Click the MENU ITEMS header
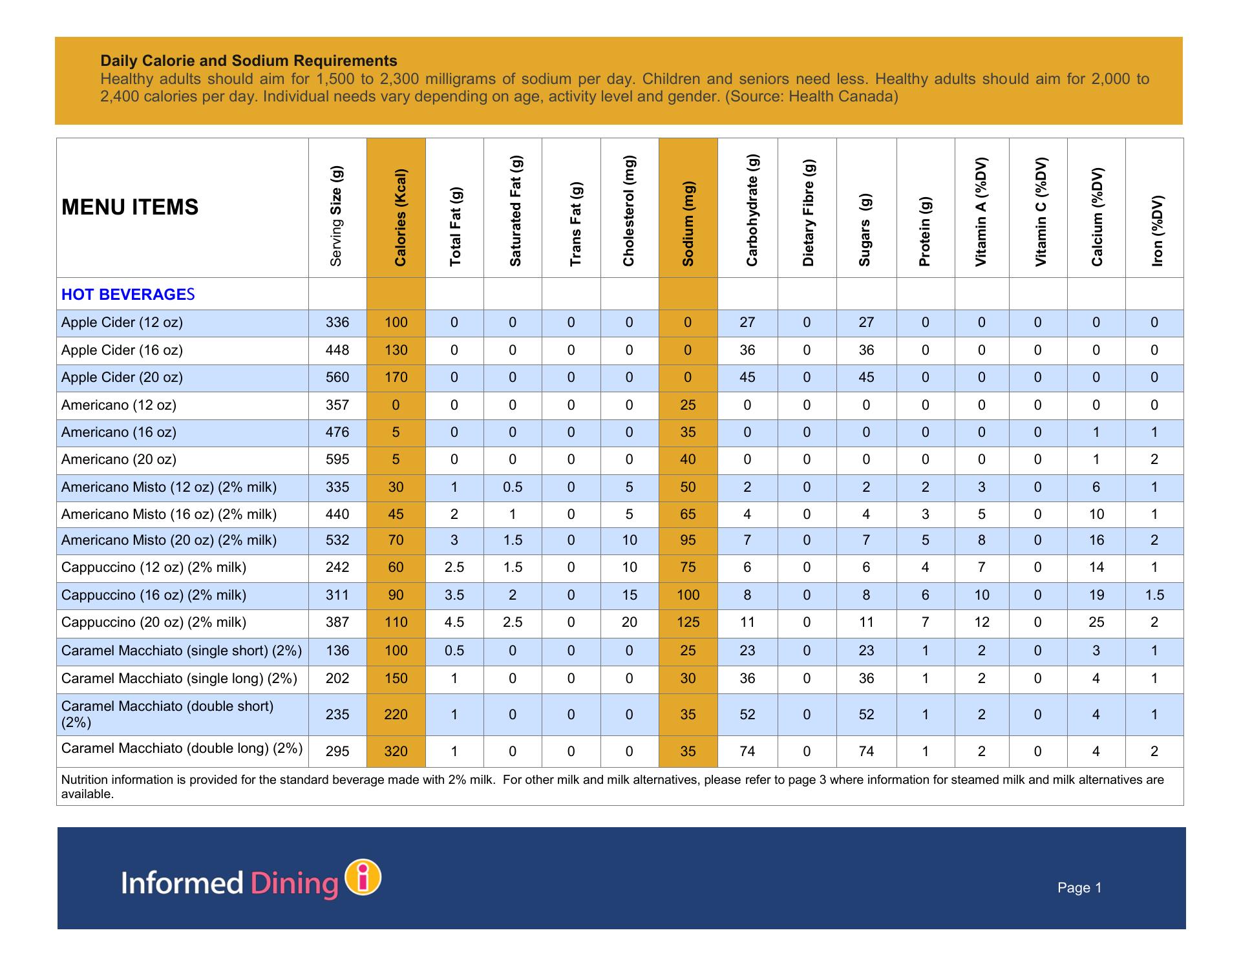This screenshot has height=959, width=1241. tap(130, 207)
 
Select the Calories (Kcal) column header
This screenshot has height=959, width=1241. tap(400, 218)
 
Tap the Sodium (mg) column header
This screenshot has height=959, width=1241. tap(688, 224)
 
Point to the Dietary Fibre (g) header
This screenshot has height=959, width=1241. tap(808, 213)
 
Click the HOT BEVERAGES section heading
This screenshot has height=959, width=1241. tap(128, 295)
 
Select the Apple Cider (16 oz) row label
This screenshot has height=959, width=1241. tap(122, 350)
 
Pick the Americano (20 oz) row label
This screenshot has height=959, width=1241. tap(119, 459)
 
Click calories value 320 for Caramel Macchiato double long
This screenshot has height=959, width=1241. tap(396, 751)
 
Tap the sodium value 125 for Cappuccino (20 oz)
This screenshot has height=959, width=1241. tap(688, 622)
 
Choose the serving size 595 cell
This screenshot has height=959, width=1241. tap(337, 459)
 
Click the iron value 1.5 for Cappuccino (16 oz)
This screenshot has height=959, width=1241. tap(1154, 595)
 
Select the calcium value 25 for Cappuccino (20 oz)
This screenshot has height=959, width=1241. tap(1096, 622)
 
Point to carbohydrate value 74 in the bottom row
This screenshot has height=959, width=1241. tap(747, 751)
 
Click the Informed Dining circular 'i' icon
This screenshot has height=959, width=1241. tap(363, 878)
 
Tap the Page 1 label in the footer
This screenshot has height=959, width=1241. tap(1079, 888)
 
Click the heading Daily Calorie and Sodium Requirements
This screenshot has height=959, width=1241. tap(249, 61)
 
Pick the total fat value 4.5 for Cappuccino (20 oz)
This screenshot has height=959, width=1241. tap(454, 622)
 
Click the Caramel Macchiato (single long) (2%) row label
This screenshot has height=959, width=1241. tap(179, 679)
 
